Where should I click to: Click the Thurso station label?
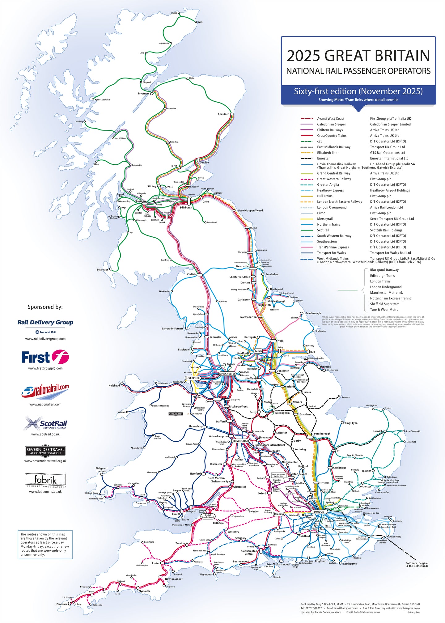174,13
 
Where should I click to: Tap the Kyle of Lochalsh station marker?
93,100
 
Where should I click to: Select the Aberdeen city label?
223,114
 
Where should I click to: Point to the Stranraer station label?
102,269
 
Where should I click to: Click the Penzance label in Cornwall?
62,604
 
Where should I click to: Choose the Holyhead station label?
114,385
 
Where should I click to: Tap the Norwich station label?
377,431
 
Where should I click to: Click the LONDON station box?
319,512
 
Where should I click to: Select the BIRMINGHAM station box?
241,441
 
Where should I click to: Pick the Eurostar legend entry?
323,158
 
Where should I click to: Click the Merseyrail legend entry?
325,219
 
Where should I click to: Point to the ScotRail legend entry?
323,230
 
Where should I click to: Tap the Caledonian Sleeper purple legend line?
307,124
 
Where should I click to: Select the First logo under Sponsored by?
45,357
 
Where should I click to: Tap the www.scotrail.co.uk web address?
45,434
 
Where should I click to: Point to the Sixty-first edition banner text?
358,91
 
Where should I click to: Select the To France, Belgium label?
417,563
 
